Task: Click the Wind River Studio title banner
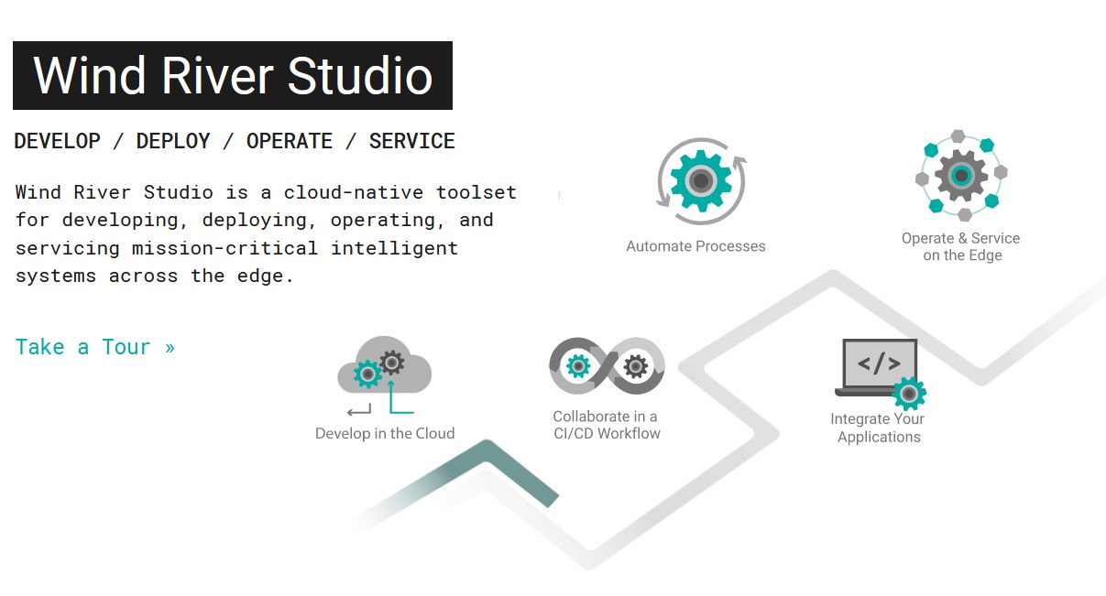pos(233,75)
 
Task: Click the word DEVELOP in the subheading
pos(58,141)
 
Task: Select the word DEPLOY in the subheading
pos(173,141)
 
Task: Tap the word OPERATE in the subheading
pos(290,141)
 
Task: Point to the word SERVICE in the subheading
pos(411,141)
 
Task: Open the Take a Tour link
pos(95,347)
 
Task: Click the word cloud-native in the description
pos(353,192)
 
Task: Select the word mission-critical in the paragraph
pos(224,248)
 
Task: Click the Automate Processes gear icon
pos(701,181)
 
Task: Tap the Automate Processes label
pos(695,246)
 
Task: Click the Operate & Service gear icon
pos(961,175)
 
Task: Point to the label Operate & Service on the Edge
pos(961,246)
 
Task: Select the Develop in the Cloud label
pos(385,433)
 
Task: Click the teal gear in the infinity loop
pos(578,366)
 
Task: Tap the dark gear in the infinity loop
pos(635,366)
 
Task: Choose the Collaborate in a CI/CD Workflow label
pos(607,425)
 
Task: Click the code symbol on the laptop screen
pos(880,363)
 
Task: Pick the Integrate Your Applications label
pos(878,428)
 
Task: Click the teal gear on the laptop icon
pos(909,394)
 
